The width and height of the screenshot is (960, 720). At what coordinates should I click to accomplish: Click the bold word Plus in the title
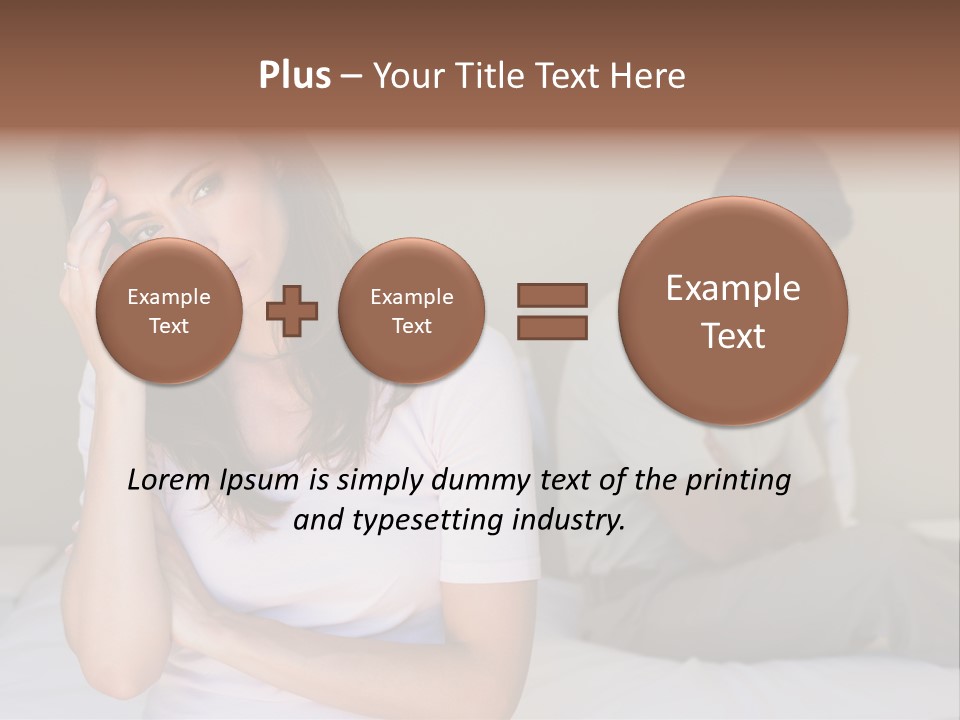(294, 76)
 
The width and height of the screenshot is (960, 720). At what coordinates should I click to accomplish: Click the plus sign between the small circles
(292, 311)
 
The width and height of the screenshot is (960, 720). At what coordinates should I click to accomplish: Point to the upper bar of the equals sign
(551, 295)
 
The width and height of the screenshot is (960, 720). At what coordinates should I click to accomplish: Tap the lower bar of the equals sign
(551, 327)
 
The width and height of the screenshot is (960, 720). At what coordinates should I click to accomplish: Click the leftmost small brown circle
(169, 311)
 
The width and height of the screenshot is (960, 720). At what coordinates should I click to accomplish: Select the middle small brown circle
(411, 311)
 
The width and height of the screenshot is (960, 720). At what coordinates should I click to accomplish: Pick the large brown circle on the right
(733, 311)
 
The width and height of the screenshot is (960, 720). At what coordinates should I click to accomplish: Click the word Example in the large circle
(733, 288)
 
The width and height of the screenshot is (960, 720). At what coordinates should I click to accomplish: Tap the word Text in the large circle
(733, 336)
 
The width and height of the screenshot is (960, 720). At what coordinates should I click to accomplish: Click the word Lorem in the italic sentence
(169, 480)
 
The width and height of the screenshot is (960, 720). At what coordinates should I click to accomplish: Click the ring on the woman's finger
(70, 266)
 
